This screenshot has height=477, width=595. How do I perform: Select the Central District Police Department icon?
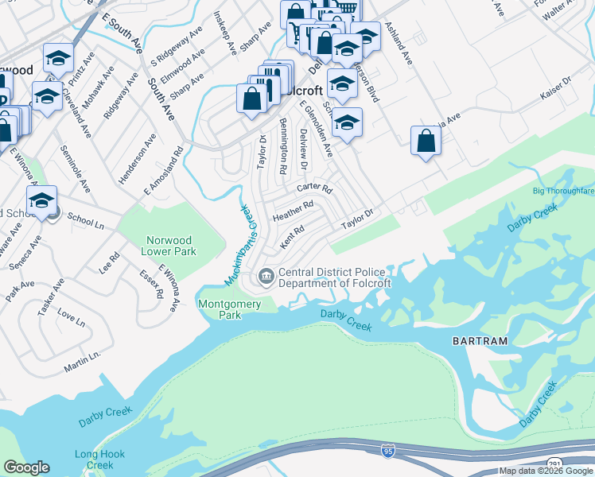[266, 277]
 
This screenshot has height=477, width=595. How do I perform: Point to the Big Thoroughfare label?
[564, 192]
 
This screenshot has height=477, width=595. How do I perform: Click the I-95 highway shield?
[387, 450]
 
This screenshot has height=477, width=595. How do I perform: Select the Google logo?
[26, 467]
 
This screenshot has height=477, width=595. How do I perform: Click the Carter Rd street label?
[313, 188]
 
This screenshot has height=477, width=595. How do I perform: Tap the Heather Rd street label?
[293, 211]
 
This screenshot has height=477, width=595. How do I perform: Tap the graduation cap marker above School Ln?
[42, 200]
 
